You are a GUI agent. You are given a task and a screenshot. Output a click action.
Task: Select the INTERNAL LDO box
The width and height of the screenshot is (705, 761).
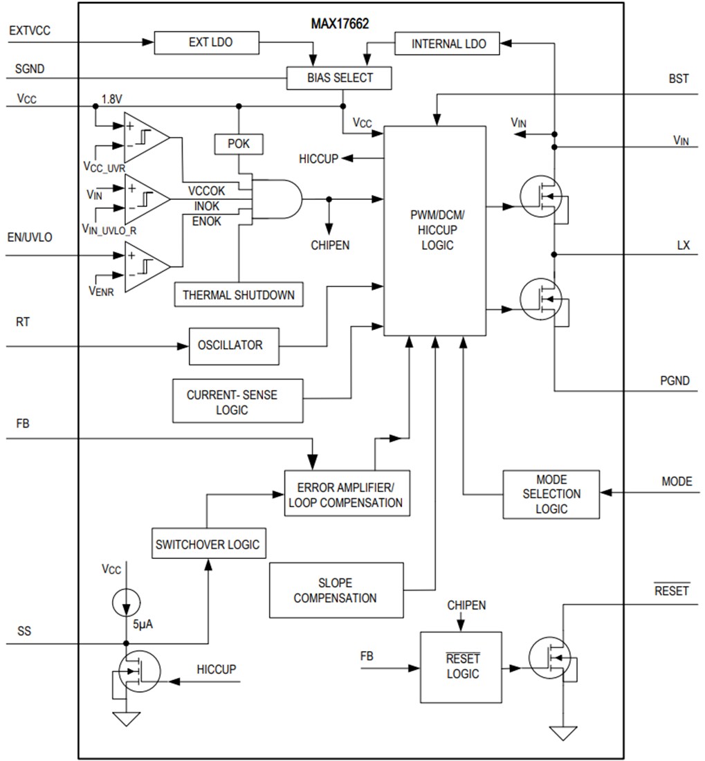(448, 44)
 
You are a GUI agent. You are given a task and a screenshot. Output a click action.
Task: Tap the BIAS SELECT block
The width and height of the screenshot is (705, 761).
(339, 78)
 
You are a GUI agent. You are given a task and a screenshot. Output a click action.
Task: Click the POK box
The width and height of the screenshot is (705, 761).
(239, 144)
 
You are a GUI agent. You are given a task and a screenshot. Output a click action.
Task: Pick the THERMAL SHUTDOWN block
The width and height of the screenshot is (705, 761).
(238, 295)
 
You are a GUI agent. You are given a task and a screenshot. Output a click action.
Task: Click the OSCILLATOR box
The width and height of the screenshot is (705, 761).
(235, 345)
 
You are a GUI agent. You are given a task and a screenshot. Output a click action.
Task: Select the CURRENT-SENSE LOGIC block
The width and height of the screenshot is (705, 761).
(237, 401)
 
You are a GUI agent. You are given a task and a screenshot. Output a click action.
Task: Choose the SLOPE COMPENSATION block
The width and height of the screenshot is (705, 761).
(336, 590)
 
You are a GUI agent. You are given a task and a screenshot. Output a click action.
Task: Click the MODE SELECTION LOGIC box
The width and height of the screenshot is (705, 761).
(551, 494)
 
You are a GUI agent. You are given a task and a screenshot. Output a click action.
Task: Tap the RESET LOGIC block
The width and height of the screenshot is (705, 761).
(461, 667)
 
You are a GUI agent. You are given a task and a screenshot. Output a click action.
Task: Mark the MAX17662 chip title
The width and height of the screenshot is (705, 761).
(339, 23)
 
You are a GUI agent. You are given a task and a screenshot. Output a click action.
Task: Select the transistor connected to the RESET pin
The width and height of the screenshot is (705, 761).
(551, 658)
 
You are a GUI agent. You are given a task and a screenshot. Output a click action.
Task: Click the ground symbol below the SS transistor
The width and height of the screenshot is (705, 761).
(126, 719)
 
